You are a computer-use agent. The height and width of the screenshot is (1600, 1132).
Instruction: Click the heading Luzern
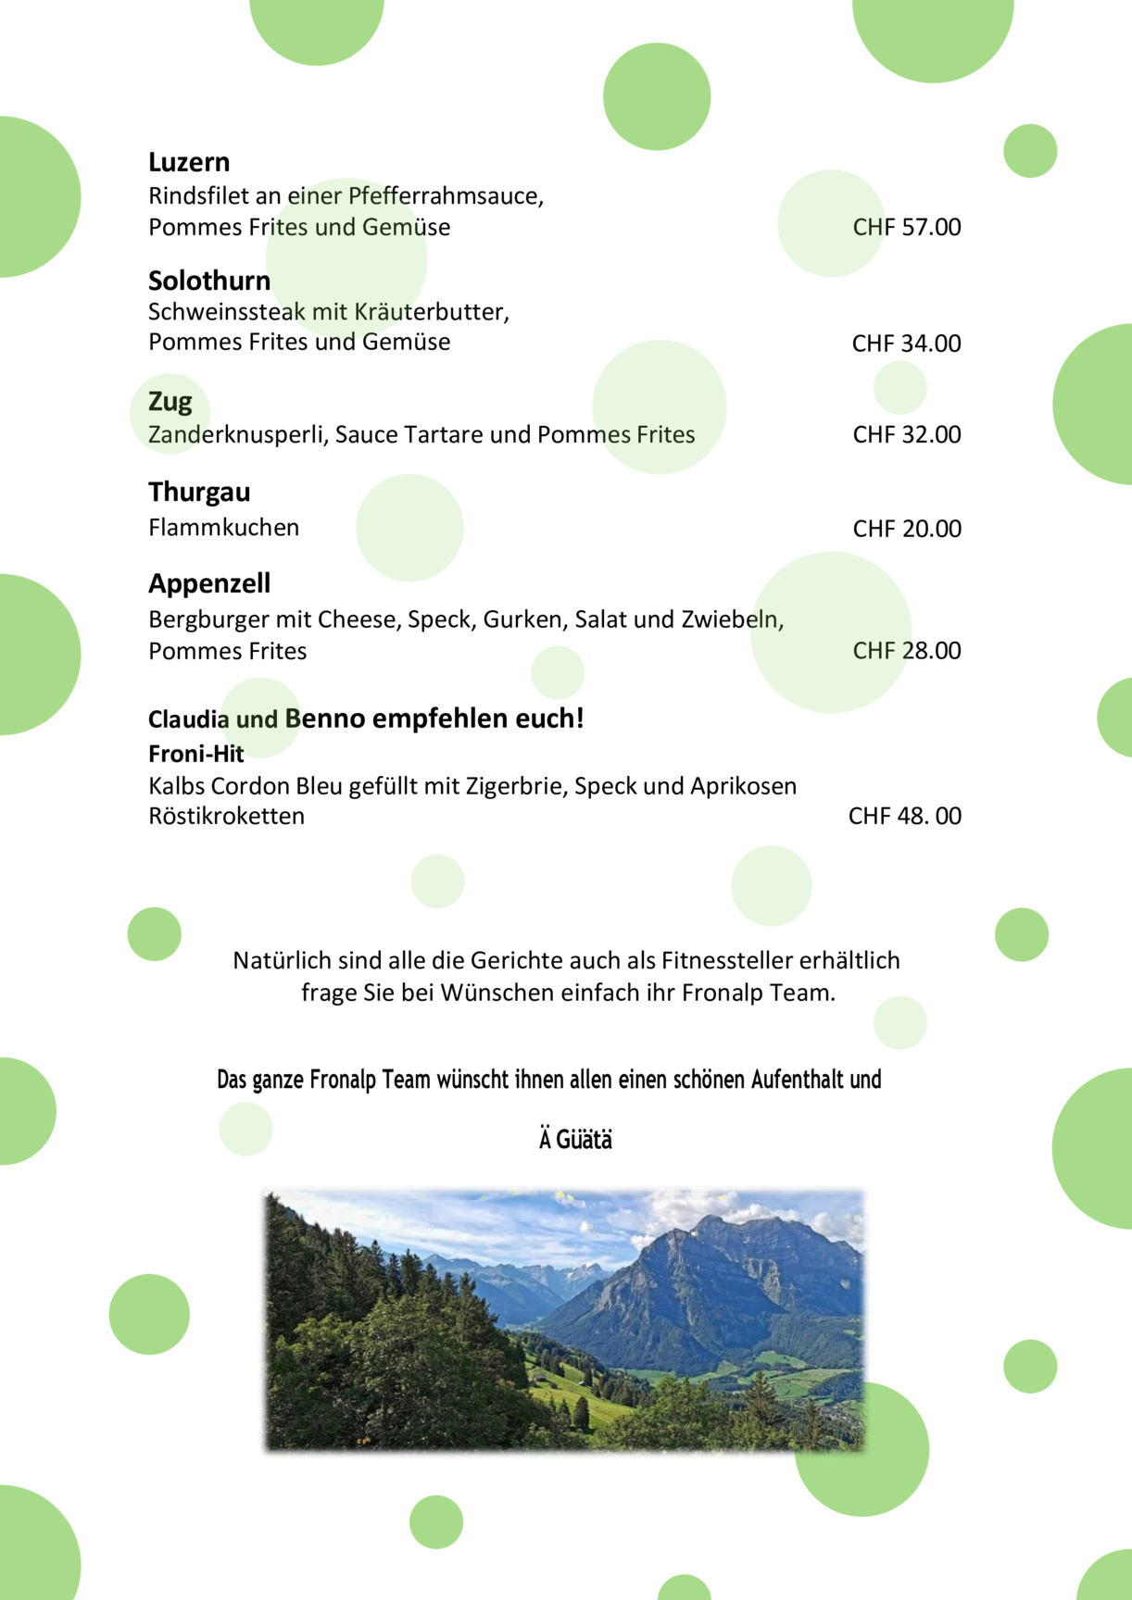[x=189, y=162]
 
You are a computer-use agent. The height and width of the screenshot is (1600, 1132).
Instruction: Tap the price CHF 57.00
[x=906, y=227]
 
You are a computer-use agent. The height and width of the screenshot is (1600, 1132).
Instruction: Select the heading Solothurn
[x=209, y=281]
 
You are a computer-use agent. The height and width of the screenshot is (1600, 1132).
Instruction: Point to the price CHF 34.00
[x=906, y=344]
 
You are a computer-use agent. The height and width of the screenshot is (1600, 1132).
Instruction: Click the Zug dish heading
[x=170, y=402]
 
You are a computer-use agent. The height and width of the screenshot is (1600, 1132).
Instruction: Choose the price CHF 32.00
[x=906, y=434]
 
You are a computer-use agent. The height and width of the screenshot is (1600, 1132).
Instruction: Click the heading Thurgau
[x=199, y=492]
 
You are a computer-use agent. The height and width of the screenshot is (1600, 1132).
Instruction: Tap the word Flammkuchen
[x=223, y=528]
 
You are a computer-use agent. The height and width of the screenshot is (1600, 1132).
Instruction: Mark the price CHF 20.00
[x=906, y=529]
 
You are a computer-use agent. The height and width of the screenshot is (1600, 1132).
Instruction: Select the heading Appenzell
[x=209, y=583]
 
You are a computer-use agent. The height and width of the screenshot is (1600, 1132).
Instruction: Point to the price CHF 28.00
[x=906, y=651]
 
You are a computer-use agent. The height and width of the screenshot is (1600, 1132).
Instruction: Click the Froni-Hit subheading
[x=195, y=754]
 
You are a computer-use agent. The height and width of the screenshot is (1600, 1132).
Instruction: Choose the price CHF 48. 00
[x=904, y=816]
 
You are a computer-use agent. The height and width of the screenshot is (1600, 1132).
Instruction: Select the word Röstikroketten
[x=226, y=816]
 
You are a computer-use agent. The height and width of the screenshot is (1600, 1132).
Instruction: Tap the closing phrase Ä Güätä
[x=575, y=1139]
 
